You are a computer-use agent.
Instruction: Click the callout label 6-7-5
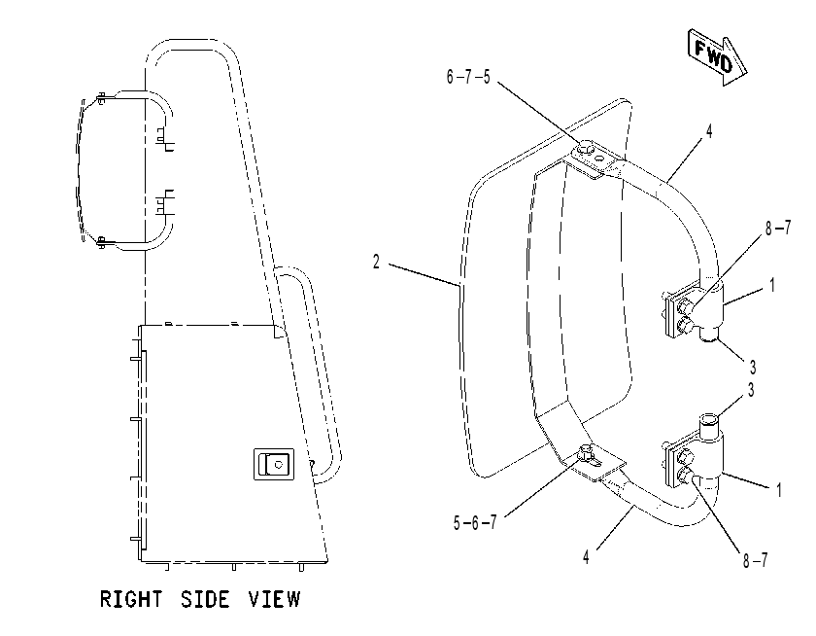(x=468, y=77)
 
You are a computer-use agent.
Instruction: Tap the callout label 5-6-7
(x=475, y=522)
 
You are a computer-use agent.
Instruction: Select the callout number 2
(x=376, y=262)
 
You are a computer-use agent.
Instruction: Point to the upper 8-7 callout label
(x=777, y=228)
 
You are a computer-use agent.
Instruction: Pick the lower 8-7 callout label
(x=755, y=560)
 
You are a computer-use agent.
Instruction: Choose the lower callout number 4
(x=586, y=557)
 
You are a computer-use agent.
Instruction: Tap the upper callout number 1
(x=772, y=285)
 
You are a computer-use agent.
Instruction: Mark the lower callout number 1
(x=778, y=489)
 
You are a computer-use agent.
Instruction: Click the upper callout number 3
(x=753, y=368)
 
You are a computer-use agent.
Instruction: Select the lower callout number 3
(x=750, y=390)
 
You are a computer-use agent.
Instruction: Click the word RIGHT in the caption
(x=131, y=599)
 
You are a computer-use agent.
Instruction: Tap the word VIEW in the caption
(x=274, y=599)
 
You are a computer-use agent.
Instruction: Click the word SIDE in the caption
(x=205, y=599)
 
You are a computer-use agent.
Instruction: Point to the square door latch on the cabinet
(x=274, y=464)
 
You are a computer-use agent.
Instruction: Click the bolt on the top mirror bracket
(x=585, y=149)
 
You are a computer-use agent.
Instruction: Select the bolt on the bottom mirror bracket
(x=586, y=453)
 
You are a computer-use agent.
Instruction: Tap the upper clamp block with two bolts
(x=683, y=312)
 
